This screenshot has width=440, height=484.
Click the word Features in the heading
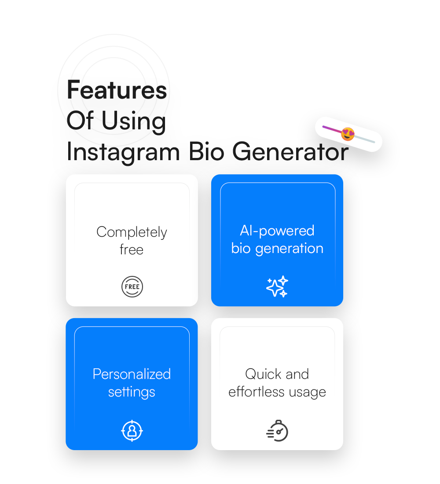click(x=117, y=90)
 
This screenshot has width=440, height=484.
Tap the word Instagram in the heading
click(x=124, y=152)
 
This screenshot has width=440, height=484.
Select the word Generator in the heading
click(x=290, y=152)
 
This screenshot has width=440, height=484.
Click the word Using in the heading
click(x=134, y=121)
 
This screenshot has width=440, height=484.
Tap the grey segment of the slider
click(x=365, y=139)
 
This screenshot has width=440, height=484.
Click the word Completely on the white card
click(x=132, y=232)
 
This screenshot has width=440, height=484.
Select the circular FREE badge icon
click(x=132, y=287)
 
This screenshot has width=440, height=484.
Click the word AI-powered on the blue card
click(x=277, y=231)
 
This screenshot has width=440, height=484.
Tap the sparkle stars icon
click(x=277, y=287)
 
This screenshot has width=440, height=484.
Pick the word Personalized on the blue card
click(x=132, y=374)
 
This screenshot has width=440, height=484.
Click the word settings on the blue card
click(x=132, y=392)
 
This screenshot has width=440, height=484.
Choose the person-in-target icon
click(x=132, y=431)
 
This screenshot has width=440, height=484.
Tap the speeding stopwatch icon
click(x=277, y=431)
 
